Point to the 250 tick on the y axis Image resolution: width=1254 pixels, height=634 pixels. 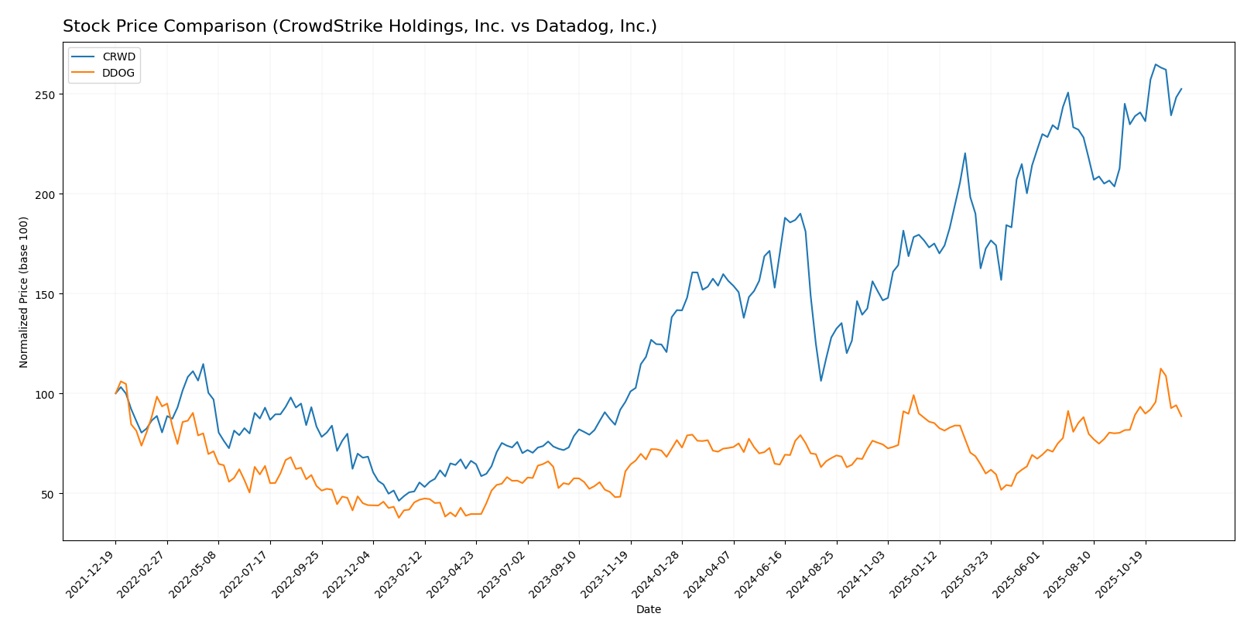pos(47,94)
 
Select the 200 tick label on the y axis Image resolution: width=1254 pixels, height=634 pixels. pos(47,194)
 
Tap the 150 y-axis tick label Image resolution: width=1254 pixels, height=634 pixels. pos(47,294)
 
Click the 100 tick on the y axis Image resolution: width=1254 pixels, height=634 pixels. pos(47,394)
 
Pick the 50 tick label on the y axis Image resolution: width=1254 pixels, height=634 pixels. pos(50,494)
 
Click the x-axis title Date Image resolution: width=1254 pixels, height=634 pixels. pos(649,610)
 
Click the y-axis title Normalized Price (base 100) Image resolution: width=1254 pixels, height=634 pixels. pos(24,292)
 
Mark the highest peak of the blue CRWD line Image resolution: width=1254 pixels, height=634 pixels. pos(1156,64)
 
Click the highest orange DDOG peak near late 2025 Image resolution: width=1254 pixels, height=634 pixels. pos(1160,368)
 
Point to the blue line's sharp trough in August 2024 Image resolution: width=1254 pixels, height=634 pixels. pos(821,380)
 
